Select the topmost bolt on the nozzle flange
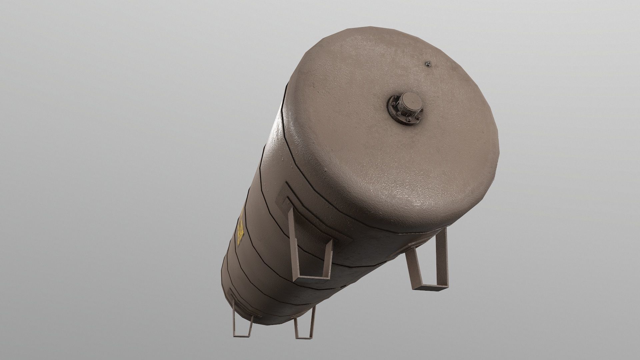click(x=396, y=96)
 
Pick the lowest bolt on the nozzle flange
click(x=409, y=119)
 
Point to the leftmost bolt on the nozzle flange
click(x=393, y=104)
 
